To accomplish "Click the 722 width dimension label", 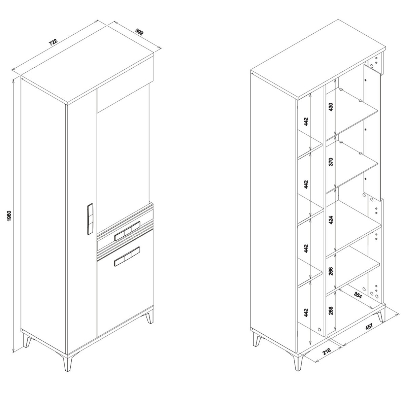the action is (x=53, y=42).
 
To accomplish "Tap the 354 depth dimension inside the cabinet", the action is (x=358, y=295).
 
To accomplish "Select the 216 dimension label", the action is (x=327, y=351).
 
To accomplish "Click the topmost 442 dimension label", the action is (x=306, y=122).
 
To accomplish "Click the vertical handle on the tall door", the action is (x=90, y=219).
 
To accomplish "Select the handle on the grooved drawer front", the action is (x=127, y=231).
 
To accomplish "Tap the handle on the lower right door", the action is (x=127, y=257).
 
